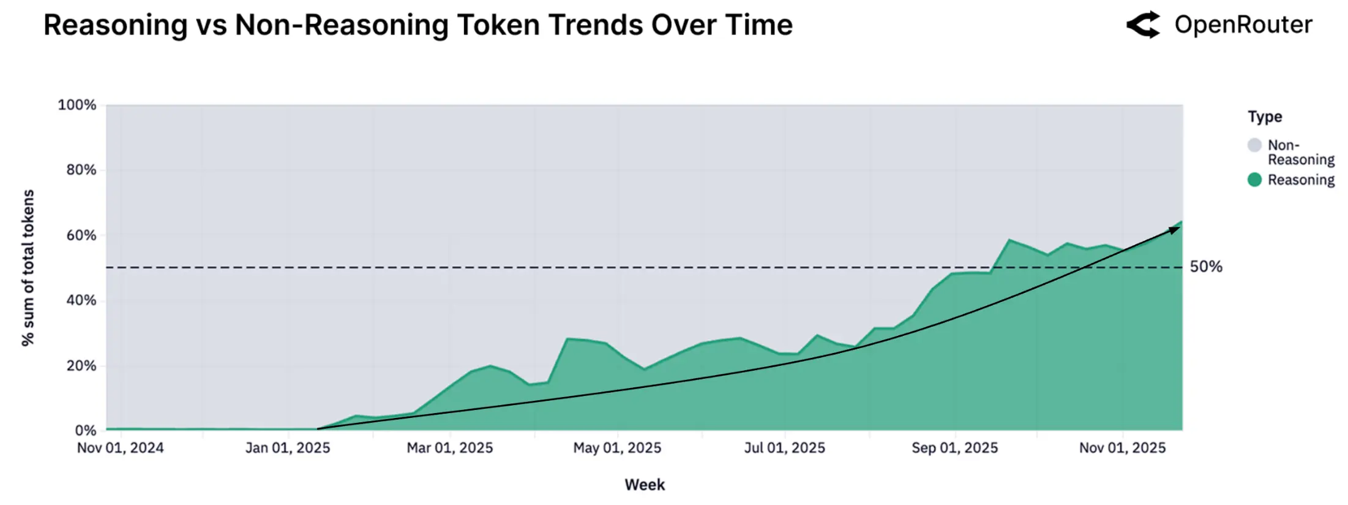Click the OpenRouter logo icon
[x=1143, y=25]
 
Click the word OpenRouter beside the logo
[x=1243, y=25]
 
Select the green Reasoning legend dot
[x=1254, y=180]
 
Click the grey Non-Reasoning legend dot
[x=1254, y=145]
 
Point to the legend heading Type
[x=1265, y=116]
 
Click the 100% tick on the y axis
[x=77, y=105]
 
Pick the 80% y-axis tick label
[x=81, y=170]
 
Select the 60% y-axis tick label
[x=81, y=235]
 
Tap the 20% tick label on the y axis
[x=81, y=366]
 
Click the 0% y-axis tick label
[x=85, y=430]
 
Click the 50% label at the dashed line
[x=1206, y=267]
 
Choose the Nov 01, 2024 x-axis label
[x=120, y=448]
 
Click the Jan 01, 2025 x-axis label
[x=288, y=448]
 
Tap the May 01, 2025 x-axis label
[x=617, y=448]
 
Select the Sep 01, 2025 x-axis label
[x=954, y=448]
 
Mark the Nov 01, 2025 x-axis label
[x=1122, y=448]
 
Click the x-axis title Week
[x=645, y=485]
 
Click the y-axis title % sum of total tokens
[x=28, y=268]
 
